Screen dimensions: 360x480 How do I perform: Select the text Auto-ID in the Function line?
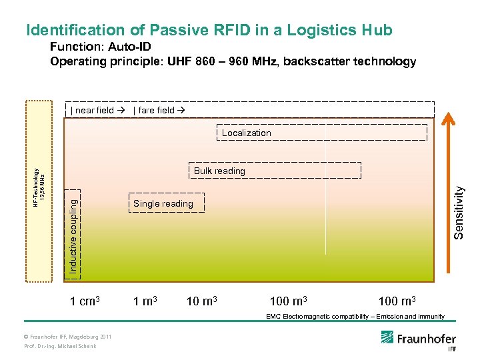(131, 47)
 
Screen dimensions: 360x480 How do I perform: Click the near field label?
(95, 110)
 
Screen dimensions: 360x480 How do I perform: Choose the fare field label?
(157, 110)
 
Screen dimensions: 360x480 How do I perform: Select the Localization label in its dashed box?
(247, 133)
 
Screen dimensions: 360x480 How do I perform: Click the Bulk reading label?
(219, 171)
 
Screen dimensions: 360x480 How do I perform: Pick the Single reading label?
(163, 203)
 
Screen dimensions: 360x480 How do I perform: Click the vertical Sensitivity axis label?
(459, 211)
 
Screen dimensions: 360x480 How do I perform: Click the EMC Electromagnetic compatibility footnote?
(355, 316)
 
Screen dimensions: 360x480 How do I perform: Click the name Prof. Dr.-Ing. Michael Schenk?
(60, 346)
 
